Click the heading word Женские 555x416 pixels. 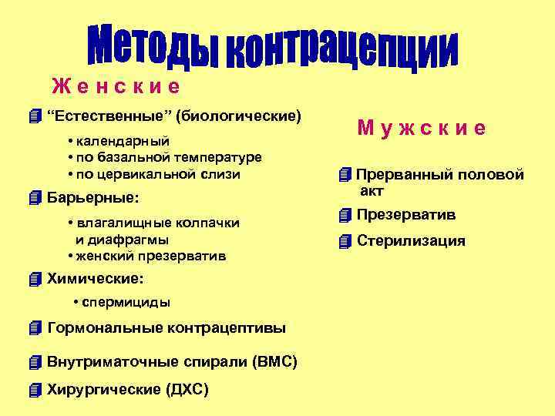(x=116, y=86)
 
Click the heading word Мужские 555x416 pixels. (x=421, y=128)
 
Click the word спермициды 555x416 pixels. (x=126, y=302)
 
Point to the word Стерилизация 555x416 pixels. (x=411, y=241)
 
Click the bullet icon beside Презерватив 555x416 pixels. (x=345, y=214)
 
